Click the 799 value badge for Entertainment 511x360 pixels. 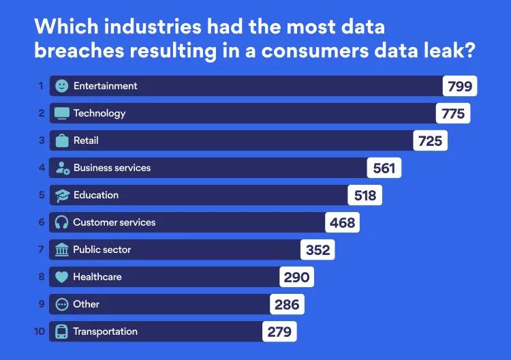point(459,86)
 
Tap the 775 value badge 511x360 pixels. point(452,113)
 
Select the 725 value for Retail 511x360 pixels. point(430,140)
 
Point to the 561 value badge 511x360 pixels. point(384,168)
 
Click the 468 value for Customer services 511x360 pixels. point(341,222)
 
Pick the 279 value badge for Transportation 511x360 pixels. point(279,331)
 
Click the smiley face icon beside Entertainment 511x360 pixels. point(62,86)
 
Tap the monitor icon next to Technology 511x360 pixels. point(62,113)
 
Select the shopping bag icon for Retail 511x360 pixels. point(62,140)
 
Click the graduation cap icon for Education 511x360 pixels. point(62,196)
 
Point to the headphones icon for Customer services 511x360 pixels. point(62,222)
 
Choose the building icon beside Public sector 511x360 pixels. point(62,250)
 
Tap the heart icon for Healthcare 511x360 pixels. point(62,277)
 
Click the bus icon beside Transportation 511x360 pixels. point(62,332)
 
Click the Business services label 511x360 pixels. point(112,168)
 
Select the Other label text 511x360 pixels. point(87,304)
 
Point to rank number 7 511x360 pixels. point(42,250)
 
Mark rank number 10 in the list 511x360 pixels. point(40,331)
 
